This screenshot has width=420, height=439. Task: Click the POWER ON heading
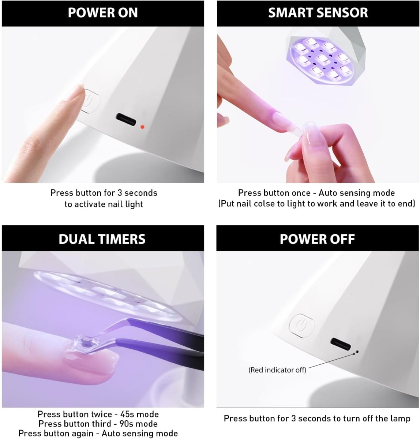tap(103, 13)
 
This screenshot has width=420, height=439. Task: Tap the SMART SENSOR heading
tap(318, 13)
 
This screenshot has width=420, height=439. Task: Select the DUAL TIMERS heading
tap(102, 239)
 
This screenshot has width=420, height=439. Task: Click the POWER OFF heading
tap(317, 239)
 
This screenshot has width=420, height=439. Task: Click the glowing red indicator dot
tap(142, 127)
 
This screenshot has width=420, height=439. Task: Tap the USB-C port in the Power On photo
tap(126, 120)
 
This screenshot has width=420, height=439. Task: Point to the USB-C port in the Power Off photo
tap(340, 344)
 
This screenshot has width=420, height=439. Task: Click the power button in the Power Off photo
tap(301, 326)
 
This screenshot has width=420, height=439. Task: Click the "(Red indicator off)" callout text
tap(277, 370)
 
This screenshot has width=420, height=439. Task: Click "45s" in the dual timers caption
tap(127, 414)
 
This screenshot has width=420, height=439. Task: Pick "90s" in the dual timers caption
tap(126, 424)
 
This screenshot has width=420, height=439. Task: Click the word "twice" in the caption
tap(101, 414)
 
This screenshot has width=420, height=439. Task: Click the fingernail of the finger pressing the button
tap(77, 93)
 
